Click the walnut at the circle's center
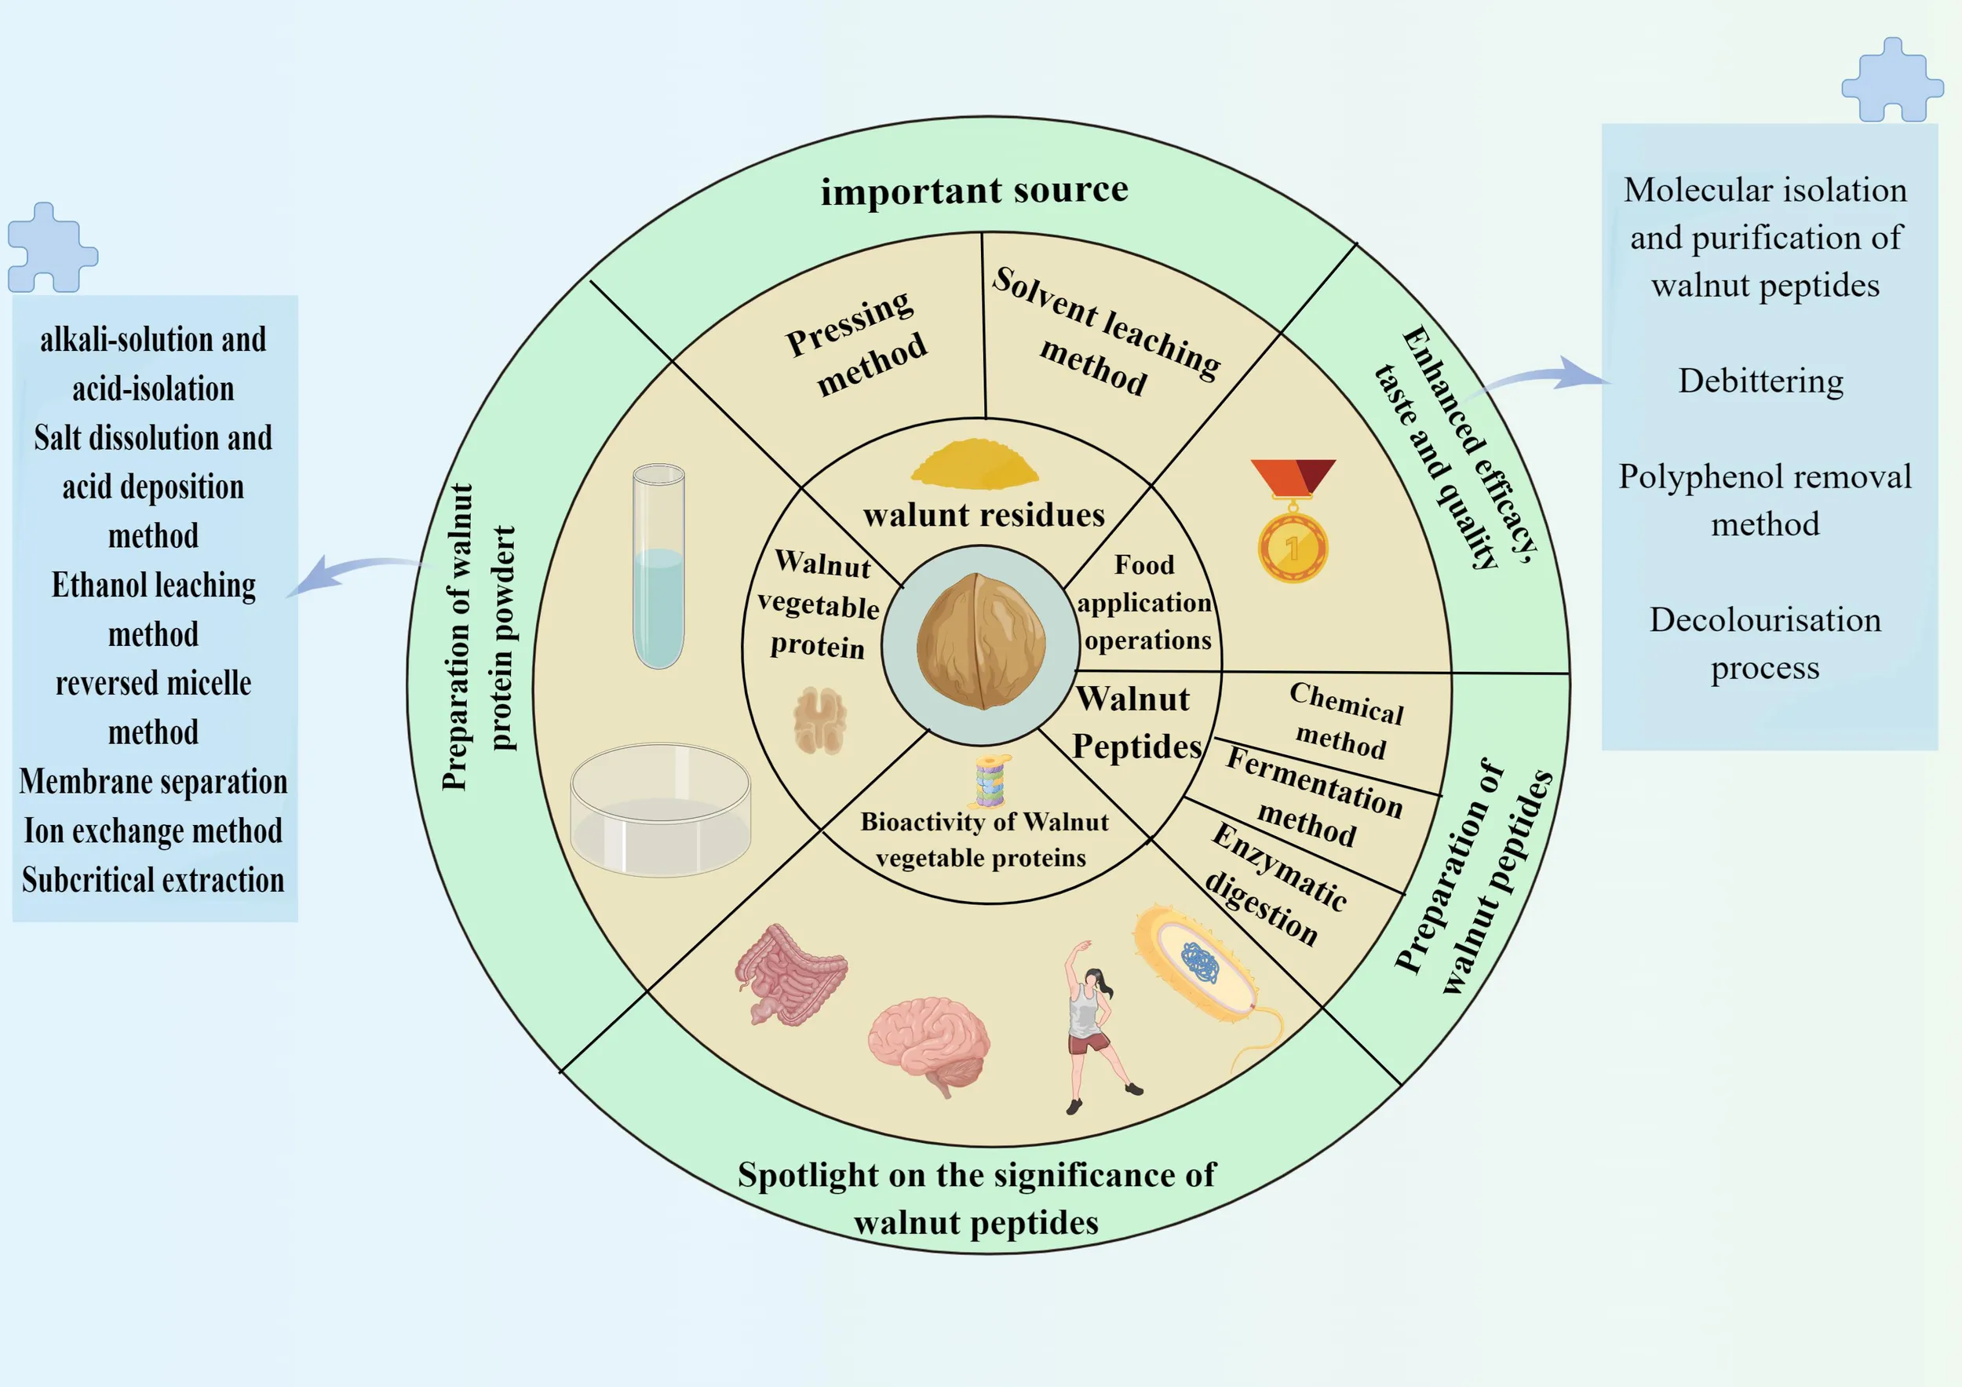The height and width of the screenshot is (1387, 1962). [980, 642]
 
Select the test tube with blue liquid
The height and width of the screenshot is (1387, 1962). [659, 567]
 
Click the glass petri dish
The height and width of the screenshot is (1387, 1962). [661, 809]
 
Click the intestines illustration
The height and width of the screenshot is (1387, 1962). [790, 974]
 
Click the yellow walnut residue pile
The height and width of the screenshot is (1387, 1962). [975, 464]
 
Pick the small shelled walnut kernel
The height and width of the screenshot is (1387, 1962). [819, 721]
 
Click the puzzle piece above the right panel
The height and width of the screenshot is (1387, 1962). [1892, 79]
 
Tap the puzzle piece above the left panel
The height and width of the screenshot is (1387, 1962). [52, 248]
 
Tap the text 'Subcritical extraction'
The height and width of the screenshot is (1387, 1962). [153, 879]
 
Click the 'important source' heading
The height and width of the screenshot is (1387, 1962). [974, 190]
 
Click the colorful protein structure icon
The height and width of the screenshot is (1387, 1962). [991, 781]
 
